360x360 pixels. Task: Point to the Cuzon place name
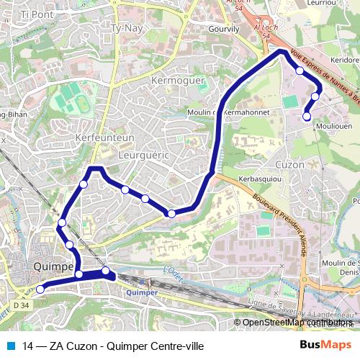point(289,164)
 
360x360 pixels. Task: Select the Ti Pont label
point(37,14)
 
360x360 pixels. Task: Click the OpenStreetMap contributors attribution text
point(295,322)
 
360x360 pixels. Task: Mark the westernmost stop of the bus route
point(40,289)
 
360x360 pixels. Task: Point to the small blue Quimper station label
point(140,293)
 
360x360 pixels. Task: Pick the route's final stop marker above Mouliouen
point(307,116)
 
